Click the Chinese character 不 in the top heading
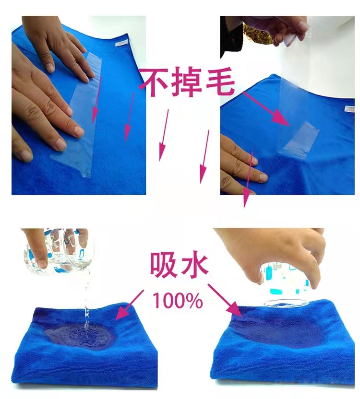[x=155, y=82]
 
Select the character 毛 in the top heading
[x=220, y=82]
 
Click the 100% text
[x=178, y=300]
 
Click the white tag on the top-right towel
[x=349, y=109]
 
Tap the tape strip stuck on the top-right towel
[x=300, y=141]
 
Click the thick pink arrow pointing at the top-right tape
[x=267, y=109]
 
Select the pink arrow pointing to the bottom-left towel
[x=129, y=305]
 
